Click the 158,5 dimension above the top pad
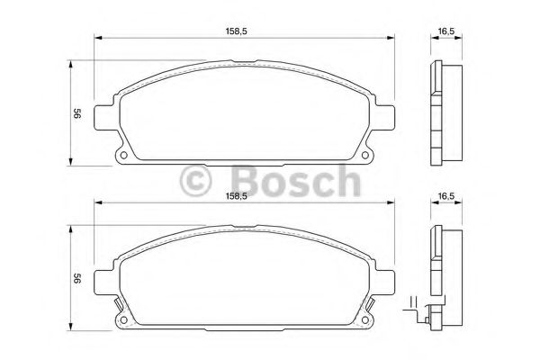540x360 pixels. click(236, 31)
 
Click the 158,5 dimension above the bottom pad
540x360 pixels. click(236, 196)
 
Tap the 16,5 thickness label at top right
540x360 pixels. click(446, 31)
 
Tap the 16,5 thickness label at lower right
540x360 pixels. click(446, 196)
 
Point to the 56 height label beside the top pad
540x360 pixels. click(77, 113)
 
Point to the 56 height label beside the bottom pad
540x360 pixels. click(77, 278)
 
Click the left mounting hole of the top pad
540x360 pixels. click(123, 155)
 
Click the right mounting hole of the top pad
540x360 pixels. click(365, 155)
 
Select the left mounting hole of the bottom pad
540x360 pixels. click(123, 320)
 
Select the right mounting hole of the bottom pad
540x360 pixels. click(365, 320)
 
